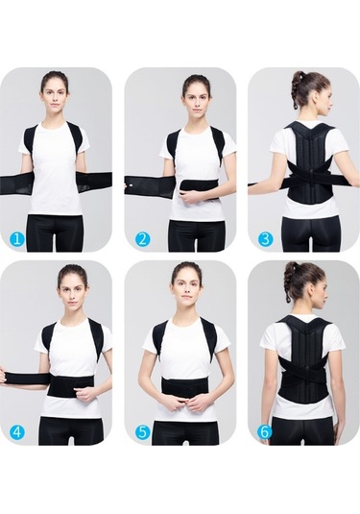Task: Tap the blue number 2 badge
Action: coord(142,239)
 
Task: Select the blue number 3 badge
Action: coord(265,239)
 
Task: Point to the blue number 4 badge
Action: coord(17,432)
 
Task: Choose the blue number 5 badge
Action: coord(141,432)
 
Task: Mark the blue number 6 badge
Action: coord(265,432)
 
